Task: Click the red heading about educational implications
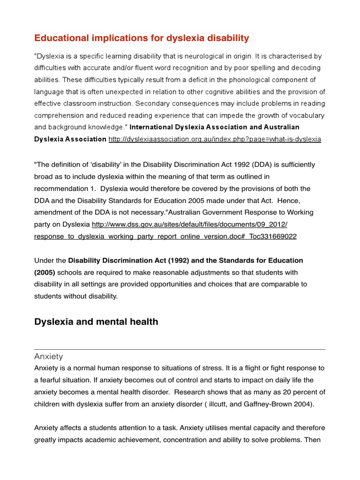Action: tap(142, 38)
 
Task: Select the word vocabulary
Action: tap(300, 115)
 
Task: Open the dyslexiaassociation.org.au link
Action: tap(215, 139)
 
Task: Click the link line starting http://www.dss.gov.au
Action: tap(189, 225)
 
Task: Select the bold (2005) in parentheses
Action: tap(45, 272)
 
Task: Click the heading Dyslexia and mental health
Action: tap(96, 322)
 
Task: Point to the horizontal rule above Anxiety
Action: tap(180, 349)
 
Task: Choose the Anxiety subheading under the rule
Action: tap(48, 357)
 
